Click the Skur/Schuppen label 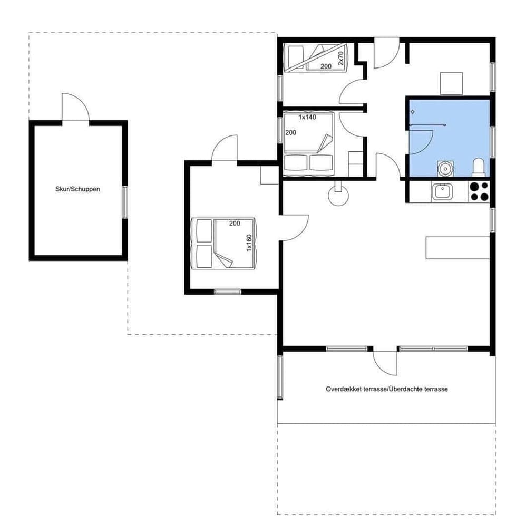(77, 189)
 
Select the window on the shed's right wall (125, 202)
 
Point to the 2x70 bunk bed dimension (340, 58)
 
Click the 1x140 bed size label (307, 117)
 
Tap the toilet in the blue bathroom (479, 167)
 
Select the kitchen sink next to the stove (442, 191)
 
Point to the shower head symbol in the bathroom (412, 112)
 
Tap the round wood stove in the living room (337, 196)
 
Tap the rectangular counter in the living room (458, 248)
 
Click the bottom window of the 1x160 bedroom (227, 292)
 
